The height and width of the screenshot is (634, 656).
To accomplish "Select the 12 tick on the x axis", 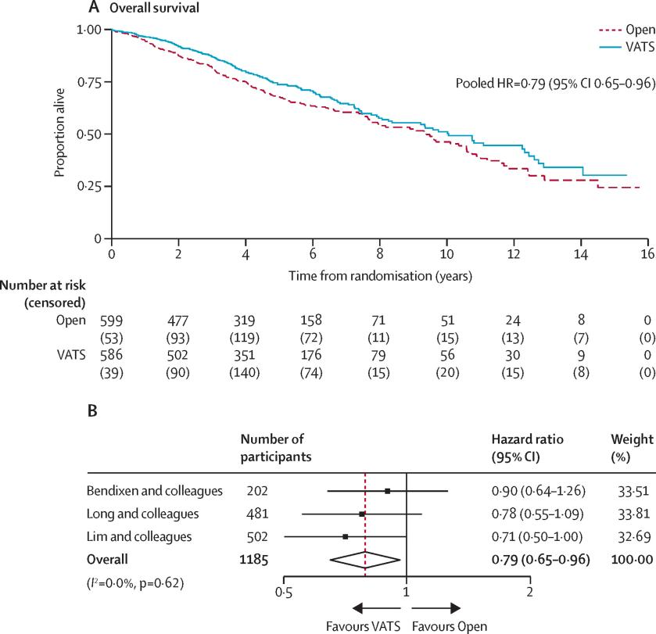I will (514, 255).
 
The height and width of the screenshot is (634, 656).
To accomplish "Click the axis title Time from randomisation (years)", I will (379, 275).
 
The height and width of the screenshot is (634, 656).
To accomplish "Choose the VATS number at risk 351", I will (246, 364).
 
